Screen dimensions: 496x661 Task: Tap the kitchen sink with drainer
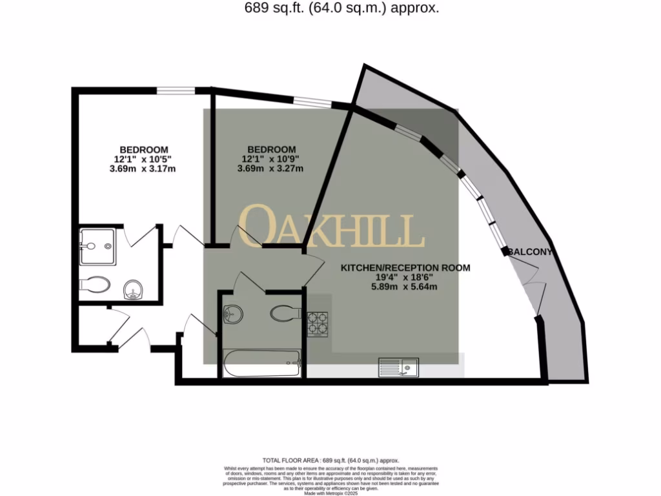(399, 367)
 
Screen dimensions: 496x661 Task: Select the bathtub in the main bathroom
(261, 364)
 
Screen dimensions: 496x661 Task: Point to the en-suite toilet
(96, 284)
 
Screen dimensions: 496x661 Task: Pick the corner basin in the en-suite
(133, 290)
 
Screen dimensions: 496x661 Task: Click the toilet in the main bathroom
(285, 314)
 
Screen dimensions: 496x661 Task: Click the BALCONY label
(530, 252)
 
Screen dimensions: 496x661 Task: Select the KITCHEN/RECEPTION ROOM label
(405, 267)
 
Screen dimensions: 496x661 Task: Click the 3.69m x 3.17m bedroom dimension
(143, 169)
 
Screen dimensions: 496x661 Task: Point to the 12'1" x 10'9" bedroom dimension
(270, 159)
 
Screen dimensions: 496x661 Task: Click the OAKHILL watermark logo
(332, 227)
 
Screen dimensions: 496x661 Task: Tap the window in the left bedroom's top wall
(177, 90)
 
